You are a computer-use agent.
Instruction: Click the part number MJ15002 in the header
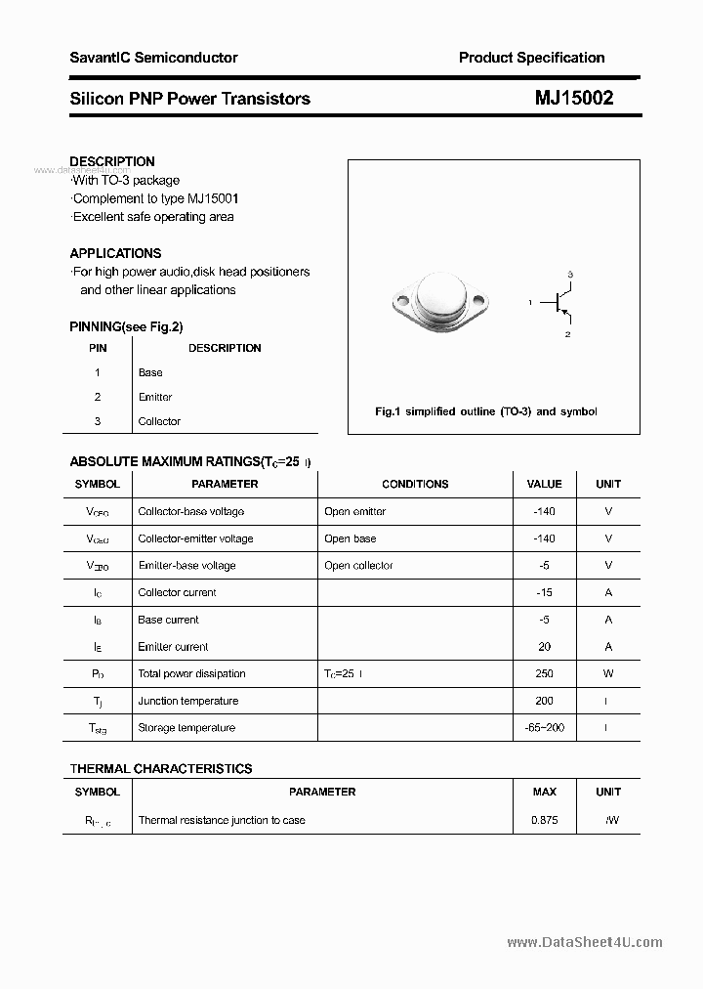574,98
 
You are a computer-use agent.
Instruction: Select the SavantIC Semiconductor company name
153,58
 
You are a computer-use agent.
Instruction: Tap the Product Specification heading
531,58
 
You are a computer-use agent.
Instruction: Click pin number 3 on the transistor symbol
569,274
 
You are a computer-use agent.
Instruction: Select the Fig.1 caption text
485,411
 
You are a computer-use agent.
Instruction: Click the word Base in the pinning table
150,372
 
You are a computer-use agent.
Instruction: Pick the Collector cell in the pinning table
159,421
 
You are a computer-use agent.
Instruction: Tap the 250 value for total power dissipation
544,673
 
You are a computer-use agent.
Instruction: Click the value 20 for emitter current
544,646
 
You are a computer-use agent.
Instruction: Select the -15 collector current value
544,592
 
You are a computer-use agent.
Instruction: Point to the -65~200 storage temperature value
544,727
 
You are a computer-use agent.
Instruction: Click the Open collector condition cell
358,565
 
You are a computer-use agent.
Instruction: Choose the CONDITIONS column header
415,484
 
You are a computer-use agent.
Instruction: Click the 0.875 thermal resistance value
544,820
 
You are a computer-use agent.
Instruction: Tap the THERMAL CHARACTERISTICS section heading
161,769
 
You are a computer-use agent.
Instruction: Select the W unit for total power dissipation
607,673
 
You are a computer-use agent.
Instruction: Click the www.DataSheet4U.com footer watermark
585,942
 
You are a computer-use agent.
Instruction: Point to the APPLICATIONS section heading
115,253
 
